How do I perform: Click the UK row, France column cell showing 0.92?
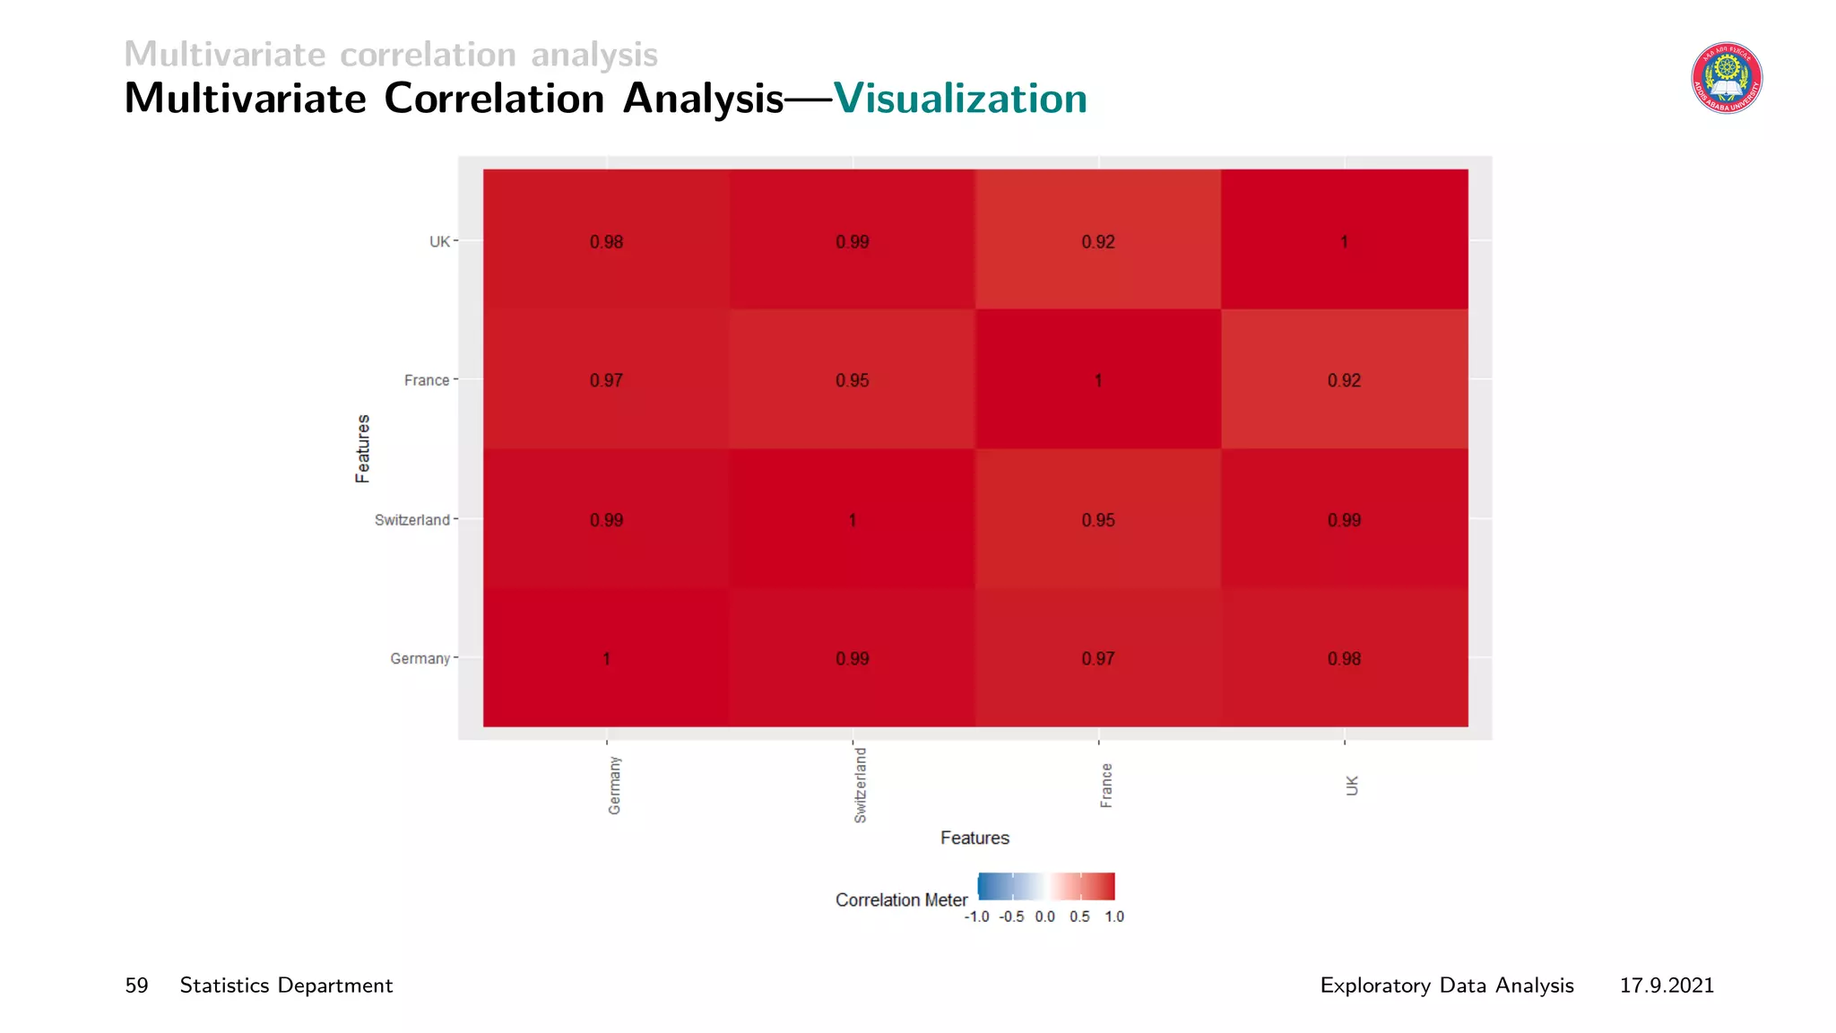1098,242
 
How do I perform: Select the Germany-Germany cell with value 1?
607,659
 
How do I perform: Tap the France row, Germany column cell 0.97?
607,380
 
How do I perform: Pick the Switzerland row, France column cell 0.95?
1098,520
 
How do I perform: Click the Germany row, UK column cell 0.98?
1344,659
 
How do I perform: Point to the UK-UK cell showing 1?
1344,242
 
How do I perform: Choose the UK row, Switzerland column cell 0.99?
853,242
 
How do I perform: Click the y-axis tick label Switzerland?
411,520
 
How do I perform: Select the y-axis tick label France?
427,380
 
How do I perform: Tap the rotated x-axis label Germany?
615,786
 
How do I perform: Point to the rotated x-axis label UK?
1352,786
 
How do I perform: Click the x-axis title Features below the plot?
974,838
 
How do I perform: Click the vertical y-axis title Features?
362,448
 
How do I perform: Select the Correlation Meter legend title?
901,899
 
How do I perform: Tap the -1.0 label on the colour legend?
976,916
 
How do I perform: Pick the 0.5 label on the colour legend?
1079,916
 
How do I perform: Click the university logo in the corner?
1727,78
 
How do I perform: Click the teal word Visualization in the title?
960,99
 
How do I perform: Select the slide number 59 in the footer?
136,985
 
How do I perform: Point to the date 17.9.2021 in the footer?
1667,985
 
